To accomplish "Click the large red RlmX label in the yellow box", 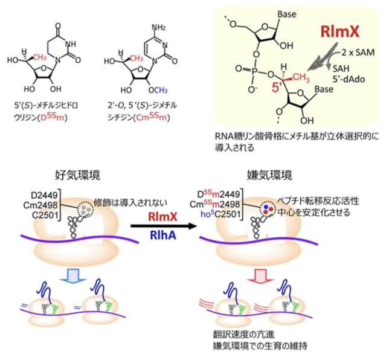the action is (340, 31).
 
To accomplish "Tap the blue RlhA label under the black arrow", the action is (162, 235).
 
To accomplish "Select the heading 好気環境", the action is (77, 175).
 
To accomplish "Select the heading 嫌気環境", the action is (269, 175).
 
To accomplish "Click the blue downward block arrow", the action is (74, 277).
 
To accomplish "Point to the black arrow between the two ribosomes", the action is (163, 227).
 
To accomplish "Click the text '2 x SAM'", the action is (358, 53).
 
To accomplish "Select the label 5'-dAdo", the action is (349, 79).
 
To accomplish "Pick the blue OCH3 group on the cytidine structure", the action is (158, 90).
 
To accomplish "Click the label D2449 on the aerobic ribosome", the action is (44, 195).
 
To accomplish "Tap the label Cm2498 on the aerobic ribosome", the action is (40, 205).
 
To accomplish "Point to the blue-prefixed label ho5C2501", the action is (220, 214).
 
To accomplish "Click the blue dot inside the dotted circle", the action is (266, 207).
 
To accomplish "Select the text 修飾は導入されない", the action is (130, 202).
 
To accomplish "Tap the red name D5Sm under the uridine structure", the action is (53, 117).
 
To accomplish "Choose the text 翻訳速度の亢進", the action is (244, 335).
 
